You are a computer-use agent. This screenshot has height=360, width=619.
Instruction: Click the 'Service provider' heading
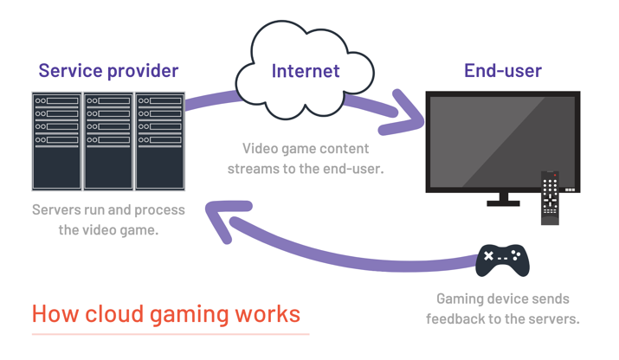click(x=108, y=71)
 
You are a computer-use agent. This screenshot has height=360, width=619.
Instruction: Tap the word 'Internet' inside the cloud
click(x=306, y=71)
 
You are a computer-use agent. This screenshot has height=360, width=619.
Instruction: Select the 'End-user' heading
click(x=502, y=71)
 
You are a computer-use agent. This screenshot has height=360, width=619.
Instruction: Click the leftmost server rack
click(x=57, y=140)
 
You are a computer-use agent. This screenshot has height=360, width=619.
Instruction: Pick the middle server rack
click(x=108, y=140)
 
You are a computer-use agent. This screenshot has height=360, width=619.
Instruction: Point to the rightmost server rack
click(x=159, y=140)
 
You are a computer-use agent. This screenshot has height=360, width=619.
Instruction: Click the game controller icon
click(x=502, y=258)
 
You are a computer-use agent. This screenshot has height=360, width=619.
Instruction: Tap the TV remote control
click(x=550, y=197)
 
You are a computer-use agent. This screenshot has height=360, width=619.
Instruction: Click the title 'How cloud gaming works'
click(x=166, y=313)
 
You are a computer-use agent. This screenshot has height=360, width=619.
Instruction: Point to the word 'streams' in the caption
click(x=257, y=169)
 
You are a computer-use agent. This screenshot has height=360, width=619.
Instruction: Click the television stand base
click(x=502, y=203)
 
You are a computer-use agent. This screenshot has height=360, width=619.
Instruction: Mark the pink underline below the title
click(x=170, y=333)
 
